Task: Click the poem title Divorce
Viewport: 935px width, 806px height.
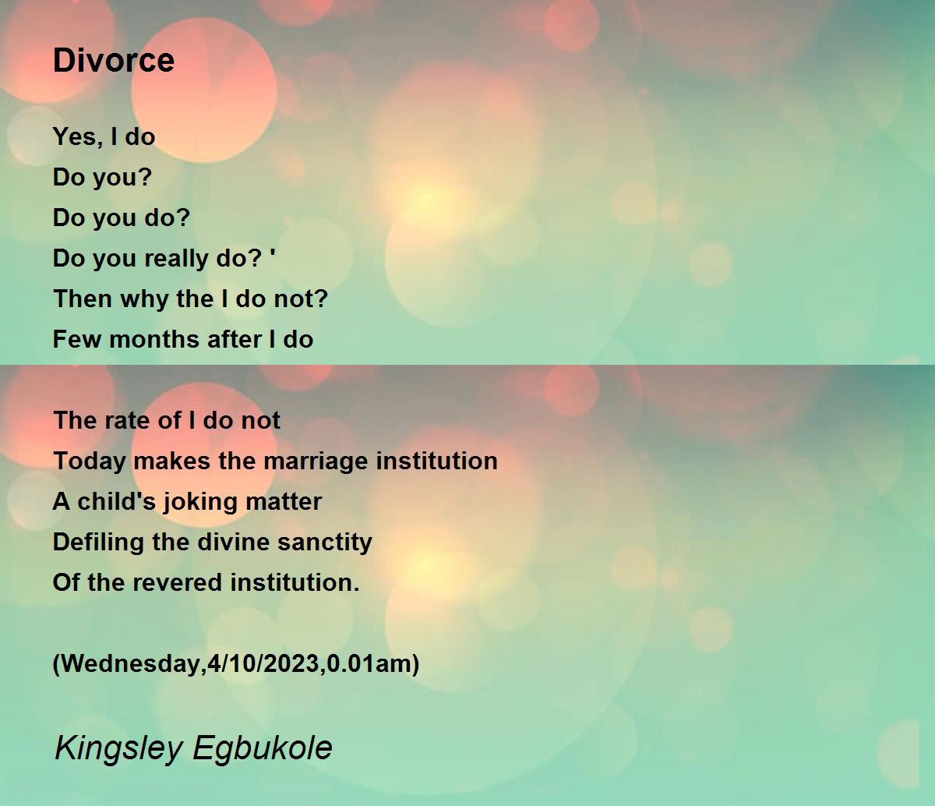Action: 114,60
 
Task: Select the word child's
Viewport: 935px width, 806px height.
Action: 116,501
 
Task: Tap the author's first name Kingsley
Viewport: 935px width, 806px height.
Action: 118,749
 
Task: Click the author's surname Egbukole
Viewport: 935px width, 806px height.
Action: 263,749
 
